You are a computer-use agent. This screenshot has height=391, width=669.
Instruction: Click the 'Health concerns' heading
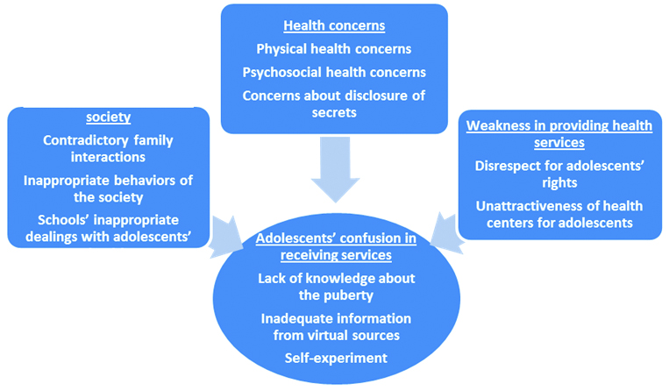click(x=333, y=27)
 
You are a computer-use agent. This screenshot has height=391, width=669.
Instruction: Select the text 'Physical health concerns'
click(x=333, y=49)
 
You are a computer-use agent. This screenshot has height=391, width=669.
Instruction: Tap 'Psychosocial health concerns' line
click(x=333, y=72)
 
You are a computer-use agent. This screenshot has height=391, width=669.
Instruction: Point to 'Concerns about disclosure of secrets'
click(x=333, y=103)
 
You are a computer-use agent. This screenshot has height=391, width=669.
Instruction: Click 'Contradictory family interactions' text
click(x=108, y=147)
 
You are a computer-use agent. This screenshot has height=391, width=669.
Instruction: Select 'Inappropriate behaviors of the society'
click(x=108, y=188)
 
